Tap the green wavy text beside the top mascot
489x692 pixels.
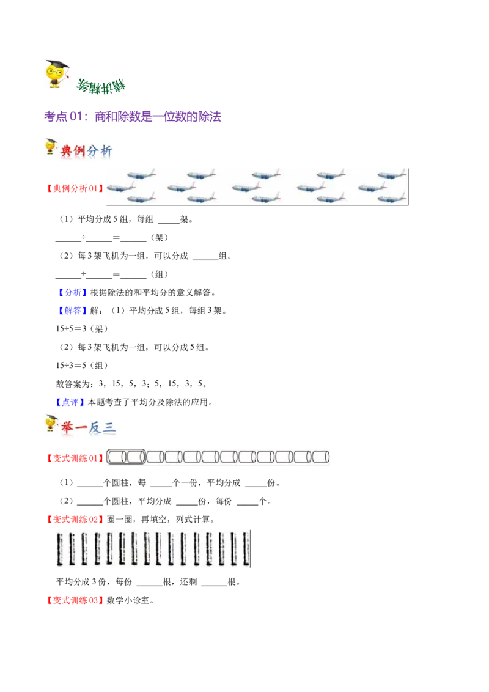(101, 87)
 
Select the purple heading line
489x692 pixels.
(134, 116)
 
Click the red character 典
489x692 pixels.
(66, 151)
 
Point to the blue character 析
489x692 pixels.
(107, 152)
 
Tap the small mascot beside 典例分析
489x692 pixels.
(50, 147)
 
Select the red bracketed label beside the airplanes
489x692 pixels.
(74, 188)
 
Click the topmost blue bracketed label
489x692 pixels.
(73, 293)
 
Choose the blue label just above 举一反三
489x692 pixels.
(70, 402)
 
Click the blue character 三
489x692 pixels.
(109, 427)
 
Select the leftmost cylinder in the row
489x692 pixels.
(117, 457)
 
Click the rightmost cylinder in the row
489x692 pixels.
(321, 457)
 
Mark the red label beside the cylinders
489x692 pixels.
(74, 457)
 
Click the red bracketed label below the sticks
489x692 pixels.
(75, 600)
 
